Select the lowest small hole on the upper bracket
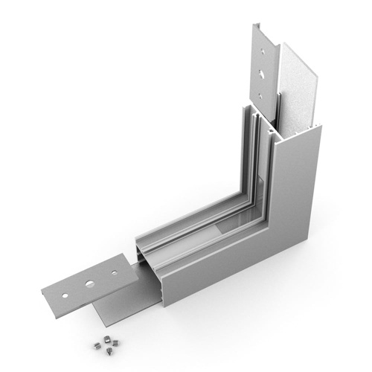262,97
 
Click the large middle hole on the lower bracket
89,283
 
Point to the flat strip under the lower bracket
126,305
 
